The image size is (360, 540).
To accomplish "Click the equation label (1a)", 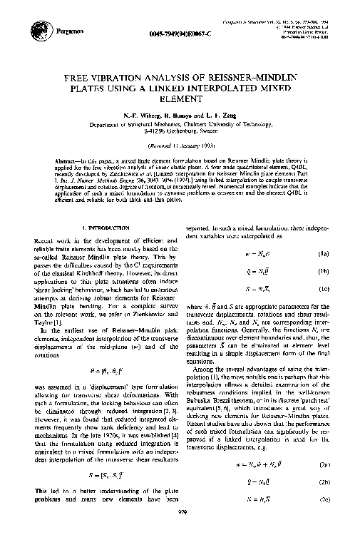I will [321, 253].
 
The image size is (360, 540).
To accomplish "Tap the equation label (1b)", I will [321, 271].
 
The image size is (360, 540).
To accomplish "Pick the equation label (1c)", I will [321, 289].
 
